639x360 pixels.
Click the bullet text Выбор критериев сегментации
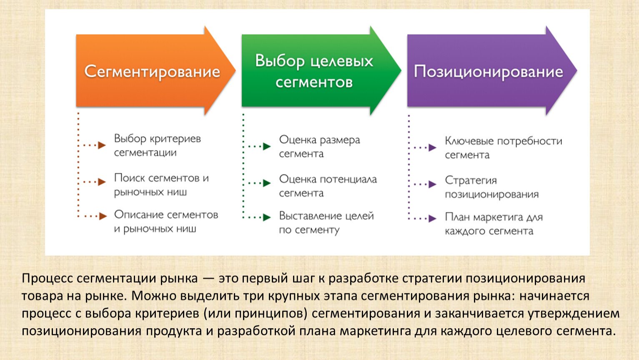[158, 145]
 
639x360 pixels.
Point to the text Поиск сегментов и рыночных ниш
[161, 185]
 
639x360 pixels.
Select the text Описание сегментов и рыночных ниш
[166, 221]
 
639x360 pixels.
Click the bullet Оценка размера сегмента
[319, 147]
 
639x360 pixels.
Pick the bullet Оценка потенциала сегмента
[328, 186]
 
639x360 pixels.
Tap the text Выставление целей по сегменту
[326, 223]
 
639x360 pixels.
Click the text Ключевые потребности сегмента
[504, 148]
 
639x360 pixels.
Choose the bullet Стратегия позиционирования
[492, 187]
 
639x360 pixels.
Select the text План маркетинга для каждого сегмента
[494, 224]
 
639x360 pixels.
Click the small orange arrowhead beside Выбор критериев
[102, 145]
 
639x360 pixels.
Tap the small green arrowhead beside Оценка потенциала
[267, 183]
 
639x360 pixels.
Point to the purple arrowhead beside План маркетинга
[433, 218]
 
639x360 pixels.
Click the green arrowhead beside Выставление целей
[267, 217]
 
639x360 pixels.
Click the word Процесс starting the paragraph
[48, 278]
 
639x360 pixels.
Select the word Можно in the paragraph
[149, 296]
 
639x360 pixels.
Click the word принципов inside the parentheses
[271, 314]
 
